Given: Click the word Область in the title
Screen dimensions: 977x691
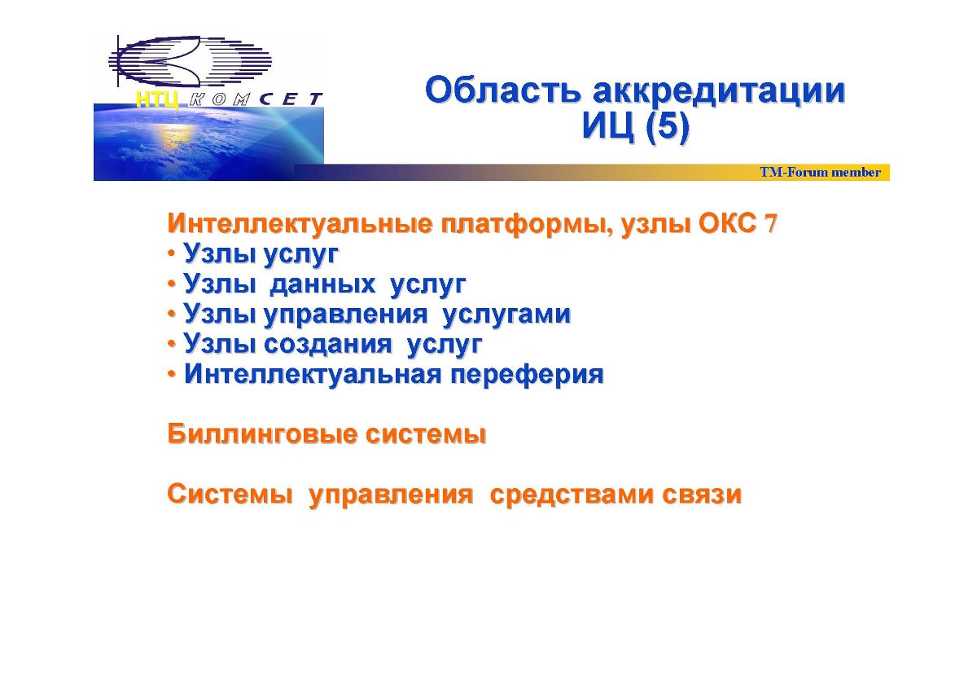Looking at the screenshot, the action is coord(503,90).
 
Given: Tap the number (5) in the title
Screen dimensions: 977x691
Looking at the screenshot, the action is coord(668,126).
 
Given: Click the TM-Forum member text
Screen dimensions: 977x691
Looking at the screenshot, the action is coord(821,172).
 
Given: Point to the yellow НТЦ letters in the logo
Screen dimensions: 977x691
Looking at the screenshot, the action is coord(157,99).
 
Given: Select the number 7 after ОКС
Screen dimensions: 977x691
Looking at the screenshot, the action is coord(770,224).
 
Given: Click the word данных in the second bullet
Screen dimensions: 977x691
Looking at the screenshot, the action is coord(322,284).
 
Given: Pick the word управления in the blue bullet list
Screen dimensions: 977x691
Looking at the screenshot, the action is coord(346,315).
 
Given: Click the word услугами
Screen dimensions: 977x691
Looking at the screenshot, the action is coord(506,315).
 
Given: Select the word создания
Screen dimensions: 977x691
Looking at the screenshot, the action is coord(328,344).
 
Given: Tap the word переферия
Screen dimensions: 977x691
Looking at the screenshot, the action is coord(527,375).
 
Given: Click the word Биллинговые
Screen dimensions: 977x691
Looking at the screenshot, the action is coord(261,434).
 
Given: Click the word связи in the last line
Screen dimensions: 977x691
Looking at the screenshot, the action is coord(702,495).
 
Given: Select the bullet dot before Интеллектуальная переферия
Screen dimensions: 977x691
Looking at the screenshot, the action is coord(172,375).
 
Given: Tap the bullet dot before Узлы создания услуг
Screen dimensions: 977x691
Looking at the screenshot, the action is coord(172,345).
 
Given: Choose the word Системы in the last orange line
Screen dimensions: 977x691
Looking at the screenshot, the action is coord(230,495).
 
